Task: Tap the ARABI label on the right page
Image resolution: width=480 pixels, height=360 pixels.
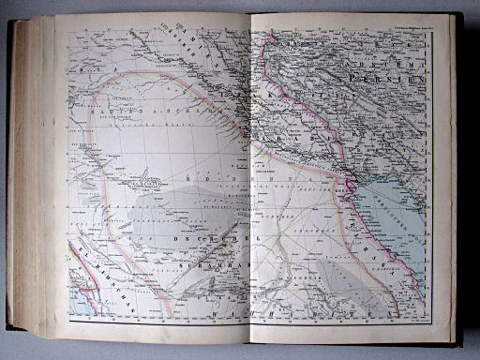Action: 281,142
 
